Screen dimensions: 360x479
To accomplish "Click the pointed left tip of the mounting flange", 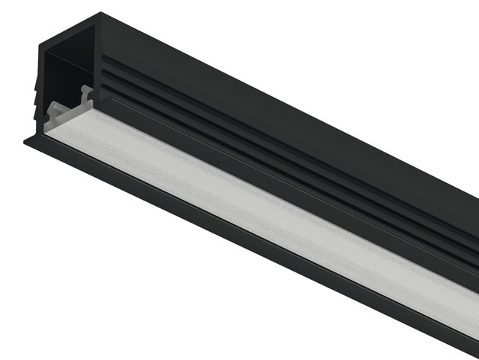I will click(24, 140).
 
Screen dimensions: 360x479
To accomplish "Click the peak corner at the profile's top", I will click(100, 13).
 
